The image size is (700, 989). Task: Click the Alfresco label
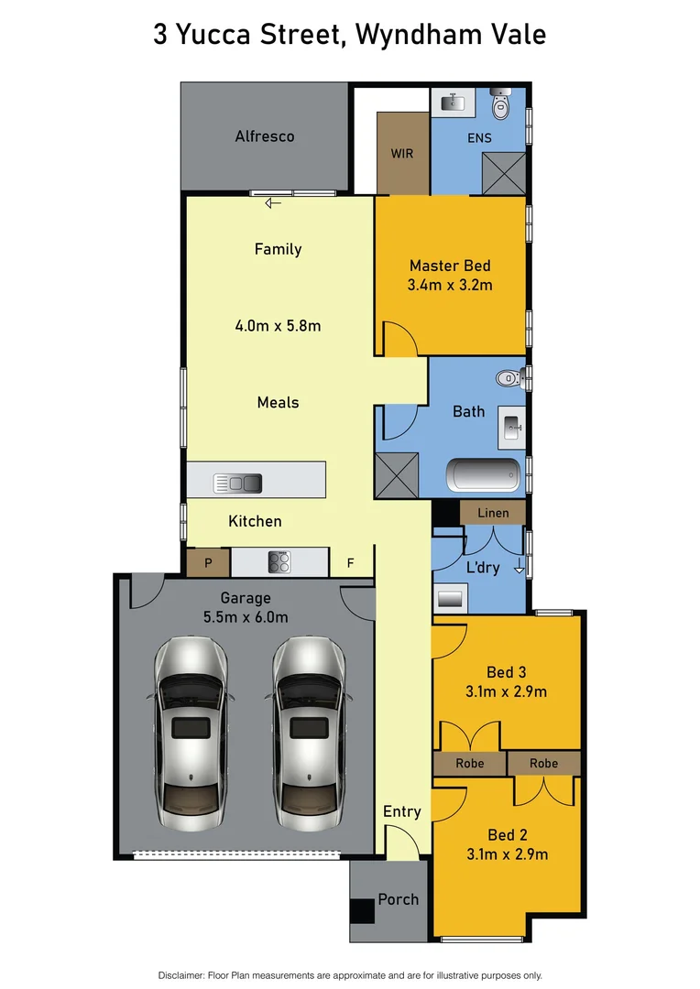[265, 136]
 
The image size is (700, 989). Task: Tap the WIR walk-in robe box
[402, 153]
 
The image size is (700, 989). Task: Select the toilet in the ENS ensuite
[501, 107]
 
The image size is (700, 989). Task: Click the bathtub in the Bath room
[483, 475]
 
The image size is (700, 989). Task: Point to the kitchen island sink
[237, 483]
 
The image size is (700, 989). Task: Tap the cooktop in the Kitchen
[279, 561]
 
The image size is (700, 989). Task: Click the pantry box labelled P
[208, 563]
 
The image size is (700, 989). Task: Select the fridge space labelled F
[349, 563]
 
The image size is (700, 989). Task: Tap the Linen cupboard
[492, 512]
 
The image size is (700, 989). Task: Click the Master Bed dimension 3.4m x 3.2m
[450, 285]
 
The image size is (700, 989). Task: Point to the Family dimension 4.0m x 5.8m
[278, 325]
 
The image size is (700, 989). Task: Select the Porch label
[399, 899]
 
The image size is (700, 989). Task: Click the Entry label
[402, 811]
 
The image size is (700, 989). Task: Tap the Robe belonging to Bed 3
[469, 763]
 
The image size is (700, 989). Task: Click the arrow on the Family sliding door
[273, 204]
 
